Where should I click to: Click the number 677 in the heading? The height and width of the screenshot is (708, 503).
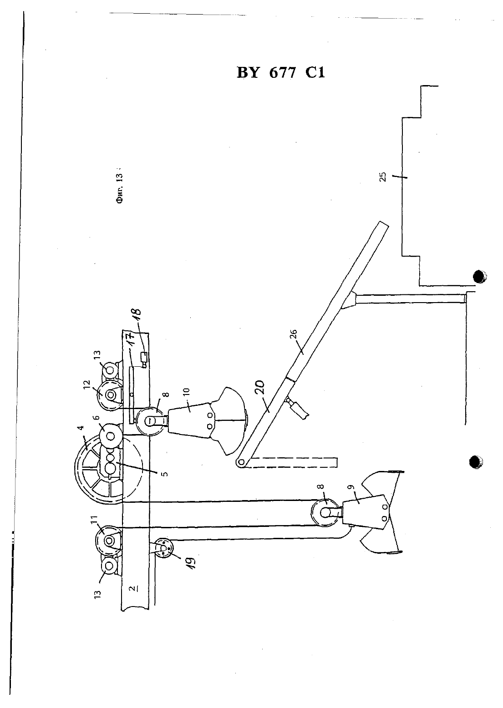(x=282, y=73)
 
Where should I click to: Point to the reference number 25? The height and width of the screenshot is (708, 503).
(x=383, y=177)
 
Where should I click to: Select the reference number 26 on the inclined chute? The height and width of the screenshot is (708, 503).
(x=294, y=334)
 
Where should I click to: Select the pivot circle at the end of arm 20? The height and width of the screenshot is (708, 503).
(x=241, y=462)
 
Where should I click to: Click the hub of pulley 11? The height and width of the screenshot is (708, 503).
(x=109, y=541)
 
